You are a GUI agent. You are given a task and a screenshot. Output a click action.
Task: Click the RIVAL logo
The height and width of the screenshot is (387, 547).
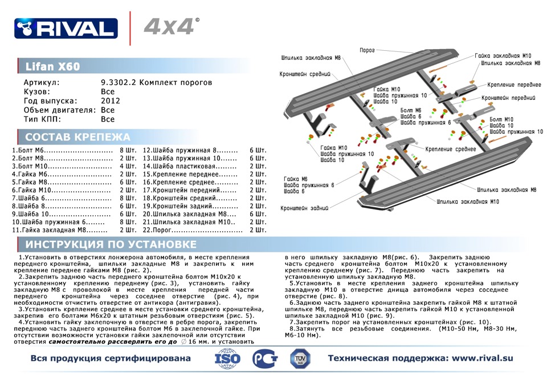[x=66, y=27]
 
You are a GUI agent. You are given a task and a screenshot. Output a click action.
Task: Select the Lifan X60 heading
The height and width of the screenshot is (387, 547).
[x=52, y=66]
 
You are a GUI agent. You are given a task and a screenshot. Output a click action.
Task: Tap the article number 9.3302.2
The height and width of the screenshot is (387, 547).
[x=119, y=83]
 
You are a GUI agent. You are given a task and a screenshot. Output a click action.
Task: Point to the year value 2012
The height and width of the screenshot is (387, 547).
[x=110, y=101]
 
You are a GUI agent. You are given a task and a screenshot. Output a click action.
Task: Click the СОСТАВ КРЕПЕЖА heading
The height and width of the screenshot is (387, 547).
[x=77, y=137]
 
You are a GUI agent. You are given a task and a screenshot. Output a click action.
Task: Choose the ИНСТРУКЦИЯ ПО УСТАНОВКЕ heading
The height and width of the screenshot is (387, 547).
[x=111, y=244]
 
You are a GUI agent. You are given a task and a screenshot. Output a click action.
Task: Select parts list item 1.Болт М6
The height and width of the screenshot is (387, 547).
[x=62, y=150]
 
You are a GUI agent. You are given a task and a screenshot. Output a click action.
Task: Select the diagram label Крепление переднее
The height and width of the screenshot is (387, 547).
[x=514, y=84]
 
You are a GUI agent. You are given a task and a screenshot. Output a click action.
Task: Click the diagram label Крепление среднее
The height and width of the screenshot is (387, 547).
[x=450, y=148]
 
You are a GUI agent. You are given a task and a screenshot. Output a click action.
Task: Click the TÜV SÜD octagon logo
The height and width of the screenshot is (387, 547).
[x=301, y=358]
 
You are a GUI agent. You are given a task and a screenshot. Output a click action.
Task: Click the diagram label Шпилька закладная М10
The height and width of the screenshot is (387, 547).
[x=468, y=201]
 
